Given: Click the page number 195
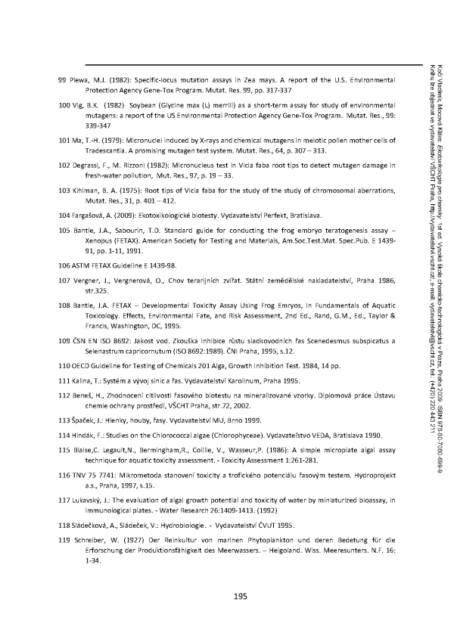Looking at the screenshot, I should tap(241, 597).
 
